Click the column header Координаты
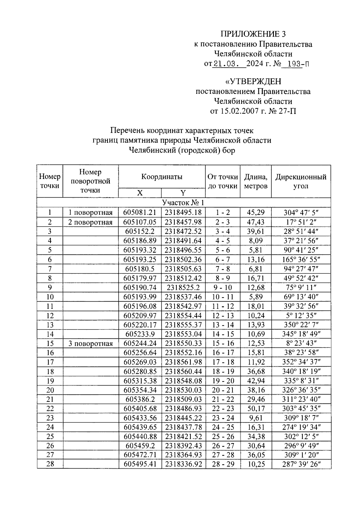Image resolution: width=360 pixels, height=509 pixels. tap(162, 177)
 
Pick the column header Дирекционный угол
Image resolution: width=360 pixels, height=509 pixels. tap(301, 181)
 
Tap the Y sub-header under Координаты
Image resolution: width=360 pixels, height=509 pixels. tap(183, 193)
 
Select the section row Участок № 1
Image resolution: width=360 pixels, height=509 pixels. tap(183, 202)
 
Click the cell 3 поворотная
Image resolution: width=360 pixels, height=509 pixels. tap(90, 344)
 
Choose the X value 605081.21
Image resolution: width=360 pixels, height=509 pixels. tap(140, 213)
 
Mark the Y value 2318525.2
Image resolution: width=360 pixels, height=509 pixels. tap(183, 287)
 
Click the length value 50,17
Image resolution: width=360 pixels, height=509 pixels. tap(256, 409)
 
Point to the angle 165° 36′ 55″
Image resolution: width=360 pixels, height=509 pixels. tap(301, 259)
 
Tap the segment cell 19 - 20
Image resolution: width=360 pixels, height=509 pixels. tap(223, 381)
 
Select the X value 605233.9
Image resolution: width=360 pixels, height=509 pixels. tap(140, 334)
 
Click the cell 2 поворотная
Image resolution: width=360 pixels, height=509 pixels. tap(90, 222)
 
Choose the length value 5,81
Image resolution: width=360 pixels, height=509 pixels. tap(256, 250)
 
